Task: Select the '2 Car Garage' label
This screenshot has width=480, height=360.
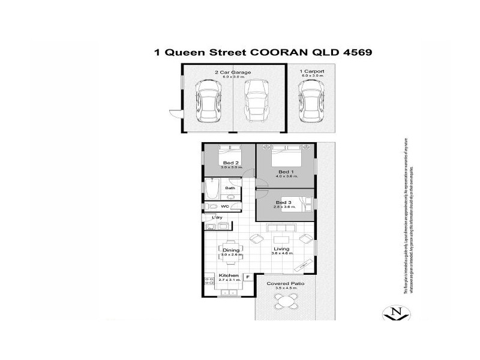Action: [232, 72]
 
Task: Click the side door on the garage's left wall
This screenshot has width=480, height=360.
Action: [174, 114]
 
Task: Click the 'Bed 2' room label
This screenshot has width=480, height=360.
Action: [231, 163]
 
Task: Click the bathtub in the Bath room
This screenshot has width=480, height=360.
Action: [211, 191]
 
